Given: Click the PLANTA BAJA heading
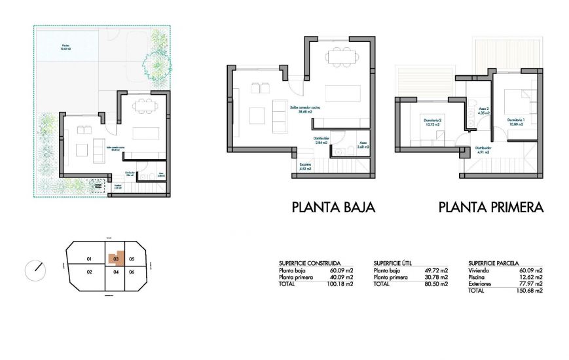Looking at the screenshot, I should pos(333,207).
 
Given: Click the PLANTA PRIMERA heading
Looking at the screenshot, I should pos(491,207).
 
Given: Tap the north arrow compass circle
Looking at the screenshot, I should pos(35,268).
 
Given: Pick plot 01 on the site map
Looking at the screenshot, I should pos(88,259).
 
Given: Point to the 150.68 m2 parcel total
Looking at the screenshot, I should pos(530,291).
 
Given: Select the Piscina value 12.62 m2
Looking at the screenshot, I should pos(530,277).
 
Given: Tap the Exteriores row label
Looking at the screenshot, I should pos(480,284).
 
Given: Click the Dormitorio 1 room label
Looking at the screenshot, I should pos(518,122).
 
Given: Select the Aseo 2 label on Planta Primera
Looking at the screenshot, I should pos(484,112).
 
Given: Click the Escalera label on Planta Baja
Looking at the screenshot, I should pos(304,166).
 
